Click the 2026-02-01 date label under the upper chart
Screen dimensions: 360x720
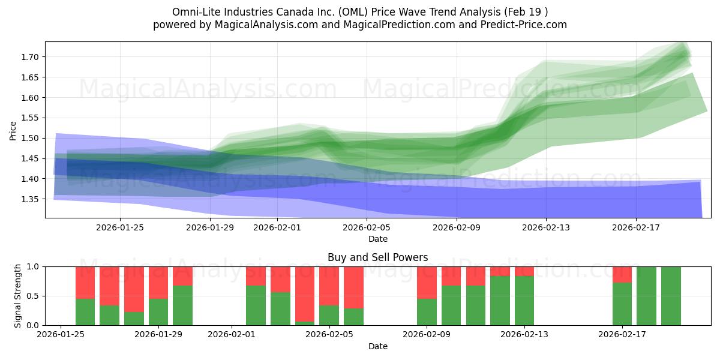277,227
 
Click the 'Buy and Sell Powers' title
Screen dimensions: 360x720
377,258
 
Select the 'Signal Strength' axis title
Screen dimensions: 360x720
18,295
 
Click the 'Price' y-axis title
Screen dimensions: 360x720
13,130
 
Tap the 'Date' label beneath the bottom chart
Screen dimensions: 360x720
377,346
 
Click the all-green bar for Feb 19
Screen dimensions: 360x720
671,296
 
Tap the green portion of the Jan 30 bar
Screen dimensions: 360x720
182,305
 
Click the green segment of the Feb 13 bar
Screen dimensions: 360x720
524,301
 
